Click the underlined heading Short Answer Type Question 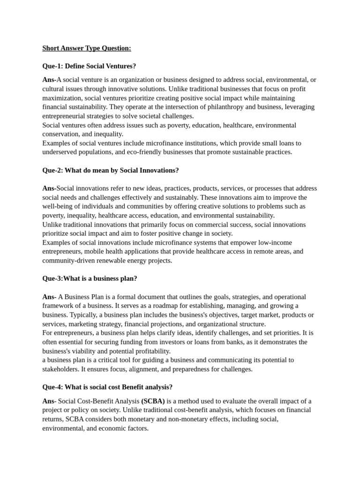coord(87,48)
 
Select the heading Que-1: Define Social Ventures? coord(89,66)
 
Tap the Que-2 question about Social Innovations coord(110,170)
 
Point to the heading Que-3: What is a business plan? coord(90,278)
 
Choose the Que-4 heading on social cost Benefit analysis coord(107,387)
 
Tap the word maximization coord(62,98)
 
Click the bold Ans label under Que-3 coord(49,297)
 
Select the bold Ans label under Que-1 coord(49,80)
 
